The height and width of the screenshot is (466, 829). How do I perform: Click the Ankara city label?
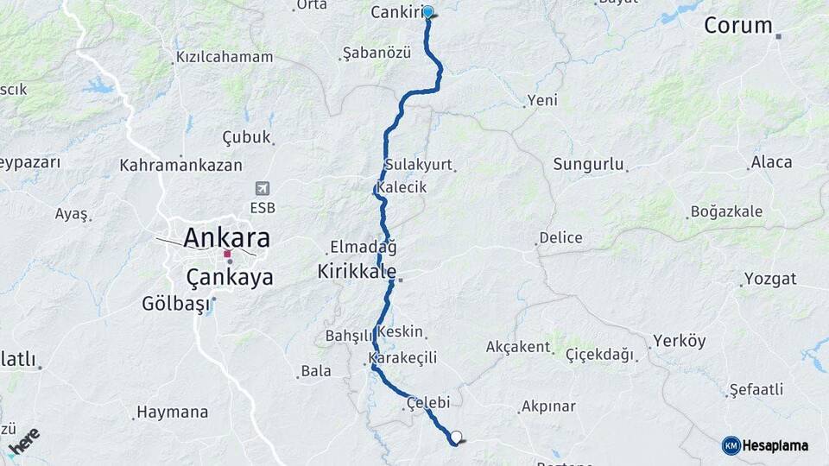point(226,237)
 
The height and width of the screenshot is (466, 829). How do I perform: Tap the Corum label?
point(737,25)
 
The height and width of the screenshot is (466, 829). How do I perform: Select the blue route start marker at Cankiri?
point(427,12)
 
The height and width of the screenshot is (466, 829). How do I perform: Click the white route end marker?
point(456,437)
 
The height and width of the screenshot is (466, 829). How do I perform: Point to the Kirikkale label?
point(357,271)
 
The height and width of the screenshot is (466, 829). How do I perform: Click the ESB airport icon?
point(263,188)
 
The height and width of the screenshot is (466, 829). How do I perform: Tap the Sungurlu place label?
point(588,163)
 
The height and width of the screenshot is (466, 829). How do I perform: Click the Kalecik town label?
point(402,187)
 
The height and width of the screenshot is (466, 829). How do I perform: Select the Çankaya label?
point(230,277)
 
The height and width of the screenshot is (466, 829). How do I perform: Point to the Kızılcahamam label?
point(225,57)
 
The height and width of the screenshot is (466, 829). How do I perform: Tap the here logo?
point(24,441)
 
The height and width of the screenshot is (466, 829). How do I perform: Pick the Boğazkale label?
point(726,211)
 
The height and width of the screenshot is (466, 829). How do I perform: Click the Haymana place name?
point(173,412)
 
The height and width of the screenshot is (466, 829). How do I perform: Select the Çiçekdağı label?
point(599,354)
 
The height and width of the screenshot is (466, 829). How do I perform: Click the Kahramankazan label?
point(180,164)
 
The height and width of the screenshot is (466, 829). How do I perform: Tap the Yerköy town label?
point(679,341)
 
